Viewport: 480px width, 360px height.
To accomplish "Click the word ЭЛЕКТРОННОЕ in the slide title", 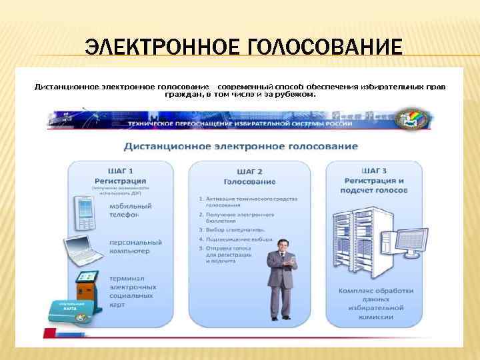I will point(163,48).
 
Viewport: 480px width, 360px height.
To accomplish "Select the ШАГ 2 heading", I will point(249,171).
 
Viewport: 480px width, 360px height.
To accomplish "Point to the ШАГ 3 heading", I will point(374,171).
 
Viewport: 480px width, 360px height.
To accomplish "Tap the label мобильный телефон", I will point(132,210).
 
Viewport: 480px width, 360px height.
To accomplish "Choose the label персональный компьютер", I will point(136,246).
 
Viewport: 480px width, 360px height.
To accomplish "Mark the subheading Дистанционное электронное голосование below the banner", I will point(240,146).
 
